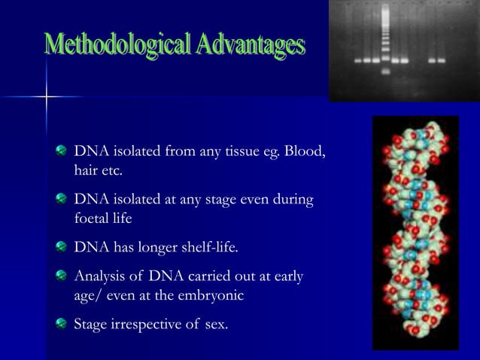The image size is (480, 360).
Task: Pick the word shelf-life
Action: pyautogui.click(x=214, y=247)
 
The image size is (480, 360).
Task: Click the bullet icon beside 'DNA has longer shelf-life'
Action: pyautogui.click(x=62, y=247)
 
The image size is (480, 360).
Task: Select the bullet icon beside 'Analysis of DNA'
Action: pyautogui.click(x=62, y=276)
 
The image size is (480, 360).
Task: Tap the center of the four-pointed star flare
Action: pyautogui.click(x=47, y=97)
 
